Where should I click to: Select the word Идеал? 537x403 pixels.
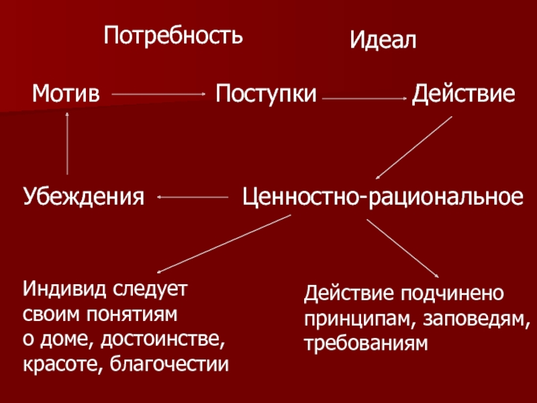383,42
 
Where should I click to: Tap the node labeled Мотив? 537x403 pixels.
66,94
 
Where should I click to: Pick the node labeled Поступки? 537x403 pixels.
266,94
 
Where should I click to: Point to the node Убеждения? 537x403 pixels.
85,197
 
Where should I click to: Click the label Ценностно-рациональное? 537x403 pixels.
381,197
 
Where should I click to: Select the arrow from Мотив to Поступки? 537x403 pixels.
158,95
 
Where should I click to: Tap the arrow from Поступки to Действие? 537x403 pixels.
364,99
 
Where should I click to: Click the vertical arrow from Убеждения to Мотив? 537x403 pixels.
67,142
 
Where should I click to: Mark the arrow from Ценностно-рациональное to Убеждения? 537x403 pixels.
193,197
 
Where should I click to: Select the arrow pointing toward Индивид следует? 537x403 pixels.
223,244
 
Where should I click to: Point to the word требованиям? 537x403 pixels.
365,344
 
